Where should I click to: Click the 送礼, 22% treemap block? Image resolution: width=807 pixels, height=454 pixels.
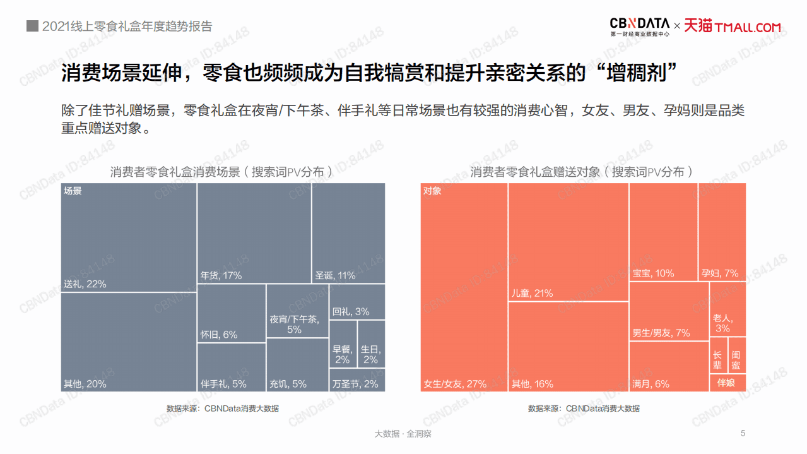coord(129,237)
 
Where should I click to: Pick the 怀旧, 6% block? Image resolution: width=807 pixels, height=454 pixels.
coord(231,313)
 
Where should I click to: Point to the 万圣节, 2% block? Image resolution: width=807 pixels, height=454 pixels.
coord(356,380)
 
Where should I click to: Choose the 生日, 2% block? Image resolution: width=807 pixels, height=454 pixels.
coord(371,343)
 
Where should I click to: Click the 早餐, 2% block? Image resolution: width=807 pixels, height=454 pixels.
coord(343,343)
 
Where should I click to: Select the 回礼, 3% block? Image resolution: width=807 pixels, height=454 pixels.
coord(356,302)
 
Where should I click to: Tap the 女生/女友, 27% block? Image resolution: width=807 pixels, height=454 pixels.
coord(464,287)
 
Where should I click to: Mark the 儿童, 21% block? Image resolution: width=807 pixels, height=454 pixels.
coord(568,242)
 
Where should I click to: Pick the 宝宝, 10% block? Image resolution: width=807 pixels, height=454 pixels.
coord(663,232)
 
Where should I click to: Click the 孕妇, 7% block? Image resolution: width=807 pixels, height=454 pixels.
coord(722,232)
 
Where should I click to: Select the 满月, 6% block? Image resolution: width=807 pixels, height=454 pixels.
coord(669,366)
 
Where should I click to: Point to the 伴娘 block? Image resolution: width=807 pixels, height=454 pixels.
coord(727,383)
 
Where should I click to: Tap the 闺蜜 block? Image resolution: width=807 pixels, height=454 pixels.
coord(737,355)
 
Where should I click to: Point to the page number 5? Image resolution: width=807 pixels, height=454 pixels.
coord(743,433)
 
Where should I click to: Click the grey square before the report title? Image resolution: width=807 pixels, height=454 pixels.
coord(32,26)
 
